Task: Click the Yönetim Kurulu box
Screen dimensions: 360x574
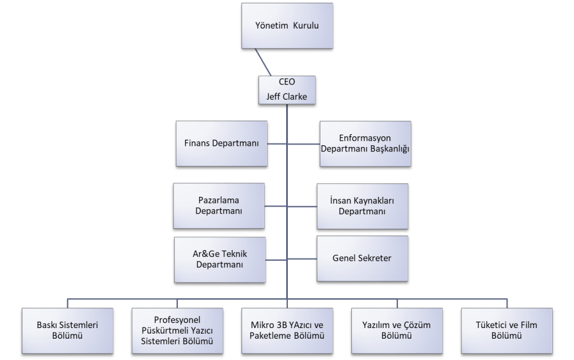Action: [x=286, y=26]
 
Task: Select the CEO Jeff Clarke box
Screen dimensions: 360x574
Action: [x=286, y=90]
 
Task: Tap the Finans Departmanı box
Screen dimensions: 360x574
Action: [x=221, y=144]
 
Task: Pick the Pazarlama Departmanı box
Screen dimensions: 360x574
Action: [x=219, y=206]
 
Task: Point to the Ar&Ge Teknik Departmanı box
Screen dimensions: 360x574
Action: [x=219, y=259]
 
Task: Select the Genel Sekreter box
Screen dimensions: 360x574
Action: [x=362, y=259]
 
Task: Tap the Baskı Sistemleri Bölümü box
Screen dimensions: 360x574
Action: [x=67, y=330]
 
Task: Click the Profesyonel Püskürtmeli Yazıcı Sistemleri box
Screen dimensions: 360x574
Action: [x=177, y=330]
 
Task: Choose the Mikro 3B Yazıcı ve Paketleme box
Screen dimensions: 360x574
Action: [x=288, y=330]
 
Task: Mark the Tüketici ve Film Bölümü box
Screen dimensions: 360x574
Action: [x=507, y=330]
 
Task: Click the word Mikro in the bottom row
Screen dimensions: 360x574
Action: [x=264, y=325]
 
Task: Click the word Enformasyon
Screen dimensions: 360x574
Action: [x=365, y=138]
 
